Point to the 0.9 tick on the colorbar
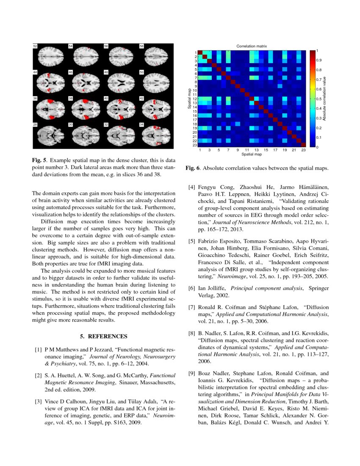point(318,60)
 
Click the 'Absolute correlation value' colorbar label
point(330,99)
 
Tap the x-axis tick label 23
point(303,150)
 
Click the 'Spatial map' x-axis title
point(251,154)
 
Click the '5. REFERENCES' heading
point(104,336)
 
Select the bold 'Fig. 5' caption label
point(40,161)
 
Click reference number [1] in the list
point(38,350)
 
